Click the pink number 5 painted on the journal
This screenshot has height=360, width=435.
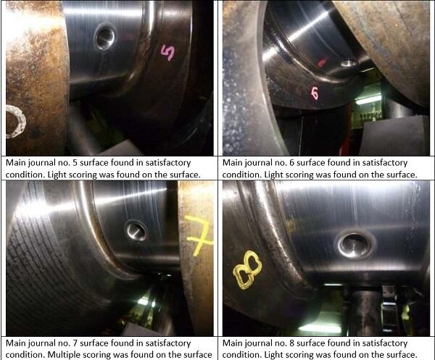168,53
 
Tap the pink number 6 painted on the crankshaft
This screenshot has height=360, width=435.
315,93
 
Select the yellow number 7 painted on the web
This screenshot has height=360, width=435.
199,235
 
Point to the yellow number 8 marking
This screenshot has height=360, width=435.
247,270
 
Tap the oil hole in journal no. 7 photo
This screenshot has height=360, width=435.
137,231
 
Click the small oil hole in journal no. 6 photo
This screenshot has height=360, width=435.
349,62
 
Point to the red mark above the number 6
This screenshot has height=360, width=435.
321,62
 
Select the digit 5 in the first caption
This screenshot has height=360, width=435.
75,163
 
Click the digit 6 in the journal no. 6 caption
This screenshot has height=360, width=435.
291,163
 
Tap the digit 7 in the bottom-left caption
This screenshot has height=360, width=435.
75,343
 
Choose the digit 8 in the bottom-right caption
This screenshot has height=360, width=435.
291,343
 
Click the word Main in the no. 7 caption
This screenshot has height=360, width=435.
16,343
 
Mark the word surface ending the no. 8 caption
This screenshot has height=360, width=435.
402,355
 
